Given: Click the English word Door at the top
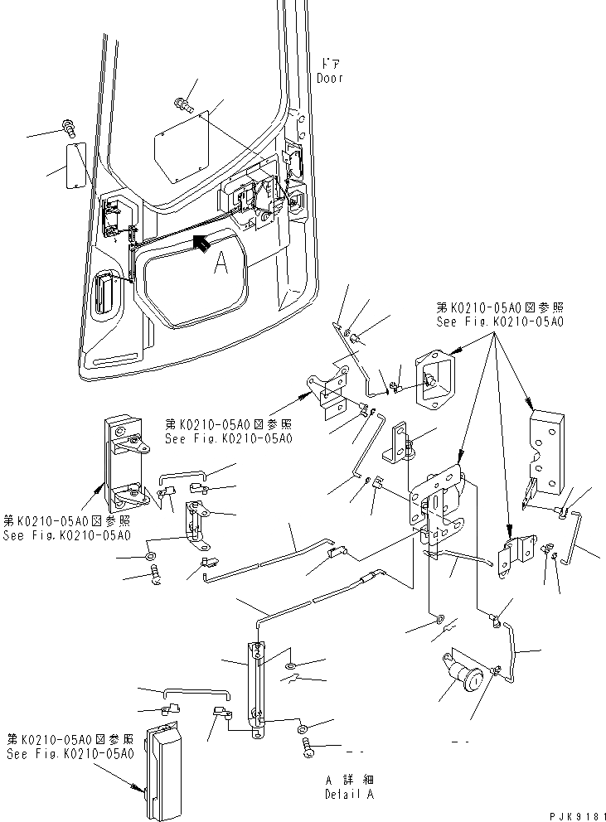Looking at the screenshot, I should pos(329,78).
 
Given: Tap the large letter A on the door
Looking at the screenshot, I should pos(221,263).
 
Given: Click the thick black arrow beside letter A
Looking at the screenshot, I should pos(199,242).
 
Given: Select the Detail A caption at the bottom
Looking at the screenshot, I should pos(349,794).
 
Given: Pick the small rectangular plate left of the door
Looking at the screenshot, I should pos(77,166).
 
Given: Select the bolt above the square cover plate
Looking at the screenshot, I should pos(182,104).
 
